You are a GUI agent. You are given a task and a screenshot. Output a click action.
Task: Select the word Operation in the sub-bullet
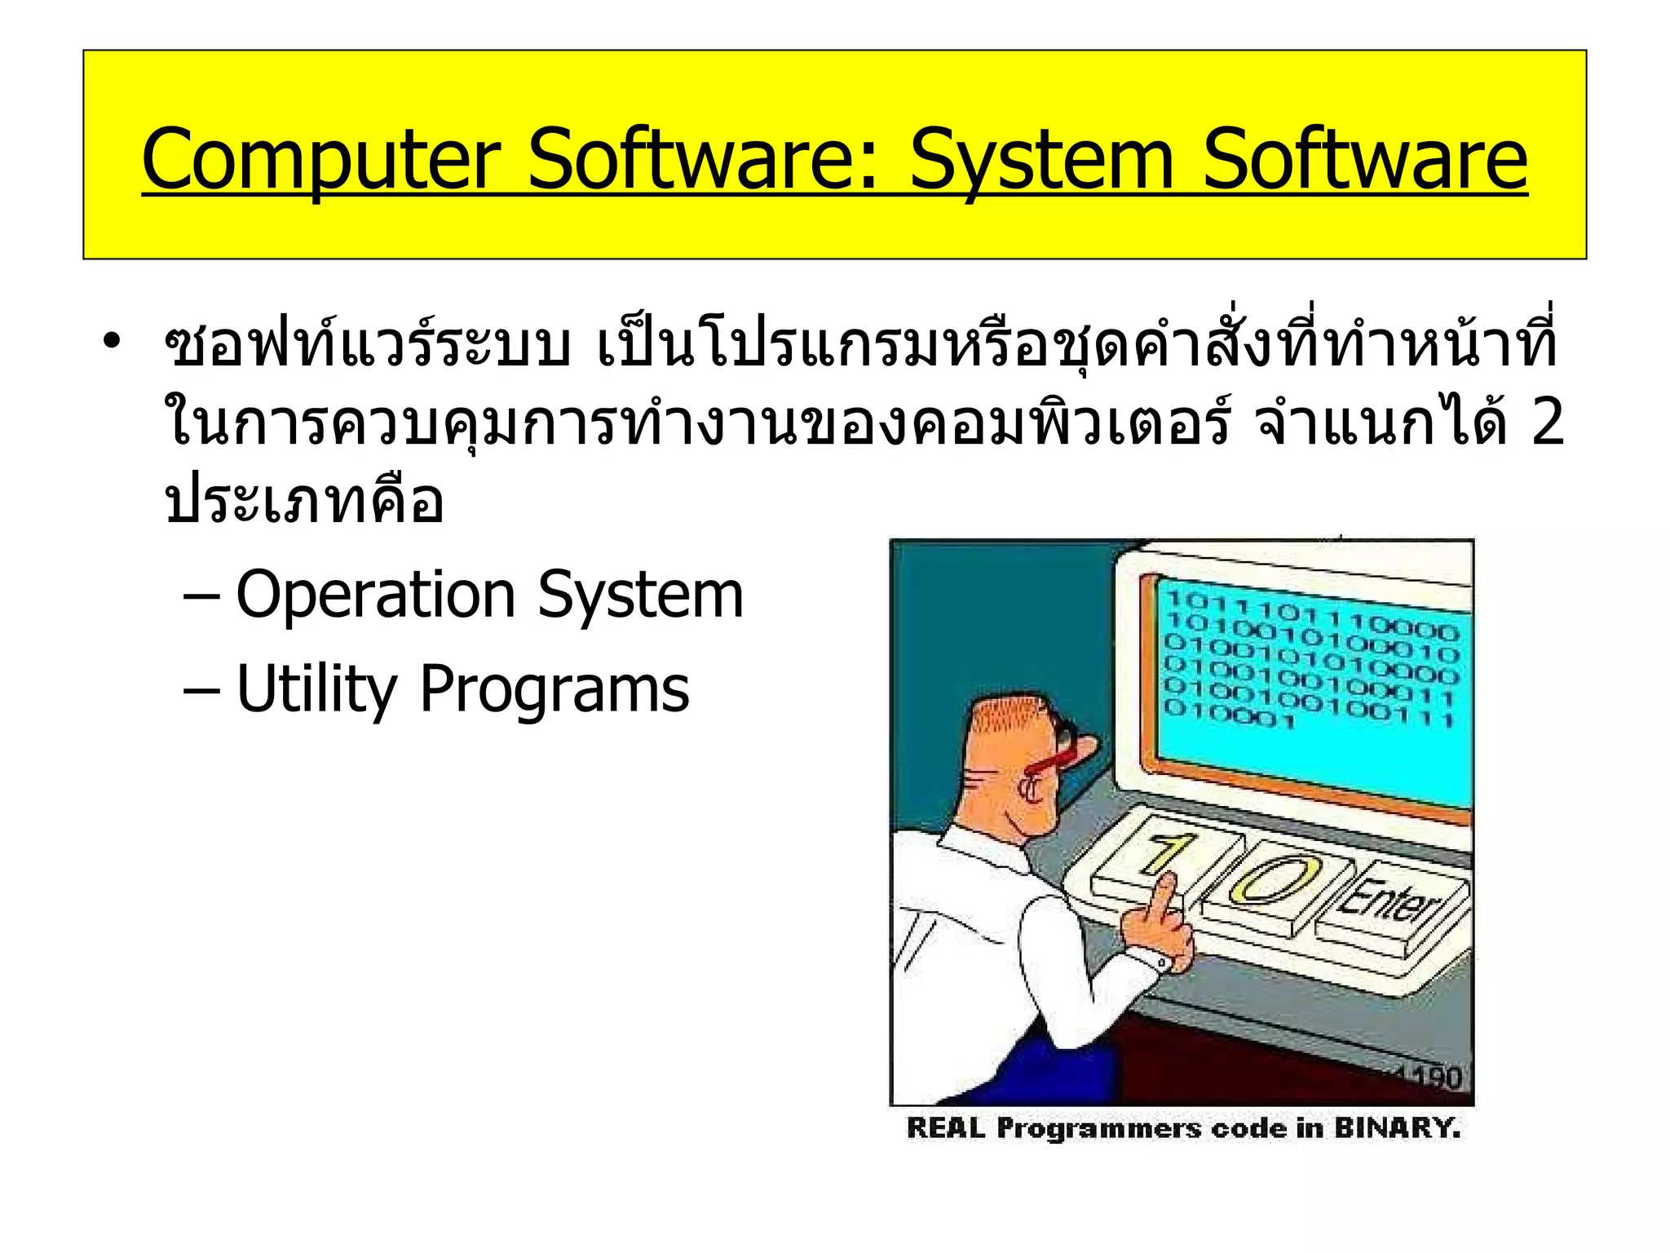[375, 595]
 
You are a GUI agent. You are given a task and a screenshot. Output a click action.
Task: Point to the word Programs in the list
[554, 689]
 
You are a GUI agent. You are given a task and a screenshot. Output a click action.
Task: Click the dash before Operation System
[201, 596]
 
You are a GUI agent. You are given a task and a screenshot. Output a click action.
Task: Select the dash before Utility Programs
[201, 691]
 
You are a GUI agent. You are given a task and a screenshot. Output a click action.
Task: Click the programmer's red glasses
[1060, 755]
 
